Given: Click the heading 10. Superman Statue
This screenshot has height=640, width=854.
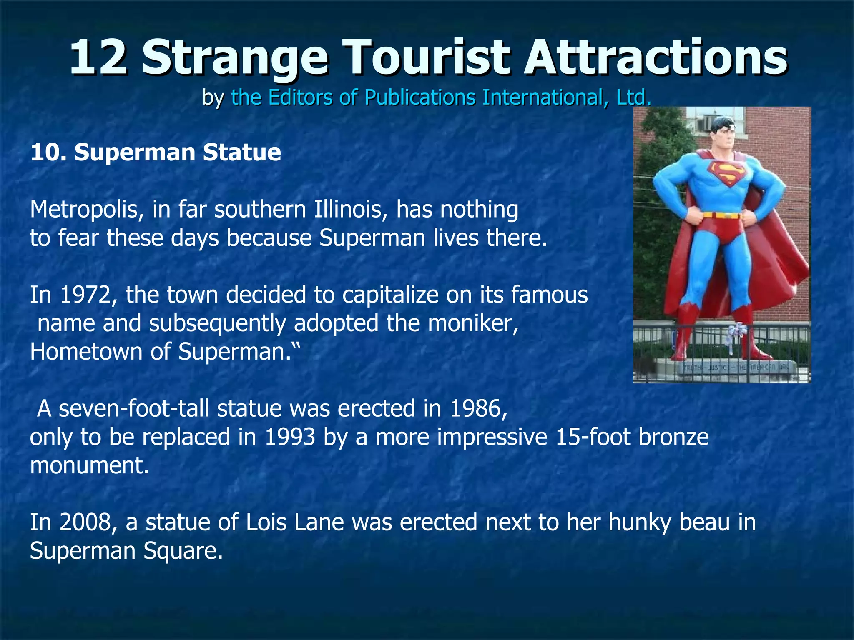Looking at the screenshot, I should pyautogui.click(x=156, y=152).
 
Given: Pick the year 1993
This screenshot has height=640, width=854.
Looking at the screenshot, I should pyautogui.click(x=289, y=437).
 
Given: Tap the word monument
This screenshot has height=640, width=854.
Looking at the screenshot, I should pyautogui.click(x=89, y=465).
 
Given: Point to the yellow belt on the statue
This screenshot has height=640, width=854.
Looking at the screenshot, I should pyautogui.click(x=724, y=215).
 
